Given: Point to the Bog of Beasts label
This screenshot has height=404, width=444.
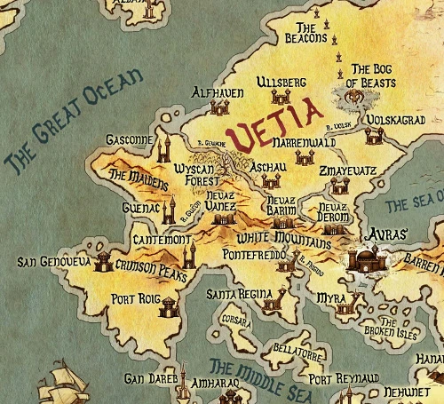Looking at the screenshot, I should pos(371,75).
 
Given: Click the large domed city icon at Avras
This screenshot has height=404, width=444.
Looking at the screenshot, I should pos(365,260).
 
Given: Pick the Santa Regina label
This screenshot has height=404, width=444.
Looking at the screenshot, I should pos(234,293).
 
